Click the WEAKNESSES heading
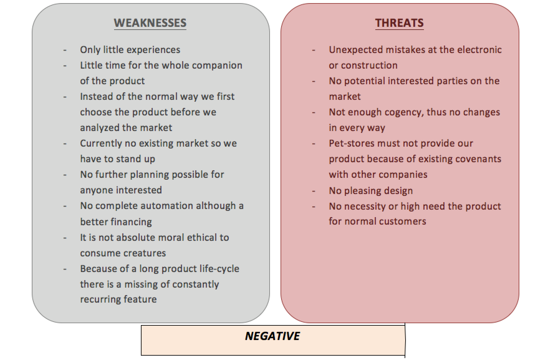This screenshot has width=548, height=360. (150, 23)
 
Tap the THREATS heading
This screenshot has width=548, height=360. (399, 23)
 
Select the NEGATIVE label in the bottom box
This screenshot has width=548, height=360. (272, 336)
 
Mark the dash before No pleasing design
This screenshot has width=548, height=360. (314, 191)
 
